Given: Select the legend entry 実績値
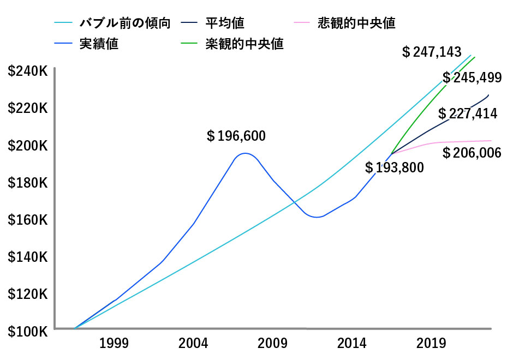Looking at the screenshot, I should click(x=99, y=44).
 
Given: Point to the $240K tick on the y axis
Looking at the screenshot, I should click(x=28, y=71).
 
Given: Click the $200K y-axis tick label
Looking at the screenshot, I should click(x=28, y=146).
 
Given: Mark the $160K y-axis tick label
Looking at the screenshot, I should click(x=28, y=220).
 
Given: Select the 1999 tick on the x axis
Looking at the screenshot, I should click(x=114, y=344).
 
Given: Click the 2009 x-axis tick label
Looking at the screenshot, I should click(x=273, y=344).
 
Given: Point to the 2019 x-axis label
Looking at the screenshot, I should click(x=432, y=344).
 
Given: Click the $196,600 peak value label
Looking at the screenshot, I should click(x=236, y=136).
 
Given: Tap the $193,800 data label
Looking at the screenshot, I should click(x=394, y=167).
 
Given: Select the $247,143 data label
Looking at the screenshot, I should click(x=431, y=52).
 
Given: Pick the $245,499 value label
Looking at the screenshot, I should click(x=472, y=77).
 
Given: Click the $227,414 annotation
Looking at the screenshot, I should click(x=468, y=113).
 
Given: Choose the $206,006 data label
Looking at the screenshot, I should click(x=472, y=153).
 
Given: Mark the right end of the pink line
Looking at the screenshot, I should click(x=491, y=141).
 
